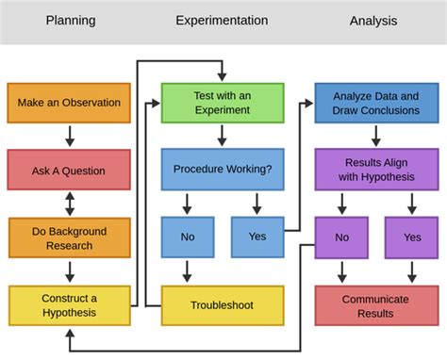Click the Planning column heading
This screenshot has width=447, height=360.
(70, 20)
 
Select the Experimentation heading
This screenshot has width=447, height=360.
(222, 20)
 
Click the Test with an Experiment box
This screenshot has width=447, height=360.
(222, 103)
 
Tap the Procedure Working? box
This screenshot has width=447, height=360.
(222, 170)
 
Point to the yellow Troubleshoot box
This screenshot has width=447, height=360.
(222, 305)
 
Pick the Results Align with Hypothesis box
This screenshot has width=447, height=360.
(375, 170)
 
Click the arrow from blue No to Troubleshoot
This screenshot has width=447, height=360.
(187, 271)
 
